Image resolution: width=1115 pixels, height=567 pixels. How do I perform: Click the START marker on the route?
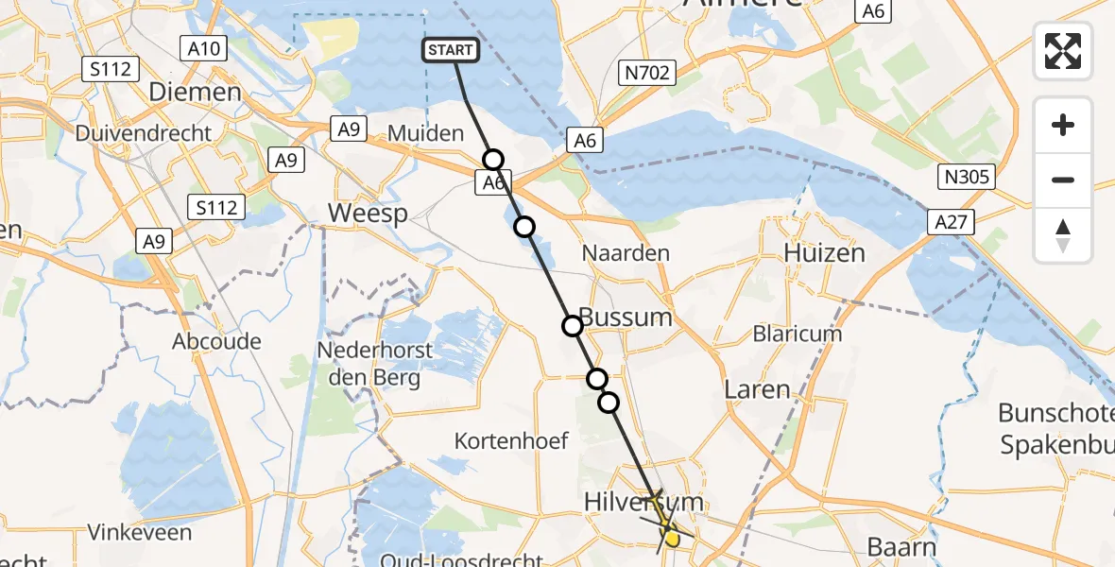coord(452,50)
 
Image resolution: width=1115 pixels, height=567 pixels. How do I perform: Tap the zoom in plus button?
coord(1063,125)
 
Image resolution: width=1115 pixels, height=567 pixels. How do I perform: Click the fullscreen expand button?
coord(1063,50)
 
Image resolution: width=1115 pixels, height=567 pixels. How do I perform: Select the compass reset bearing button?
coord(1063,235)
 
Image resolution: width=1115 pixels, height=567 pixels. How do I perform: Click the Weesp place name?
coord(368,214)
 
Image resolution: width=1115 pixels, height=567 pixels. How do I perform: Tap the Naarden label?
coord(626,252)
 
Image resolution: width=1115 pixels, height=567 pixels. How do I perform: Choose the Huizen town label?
coord(824,252)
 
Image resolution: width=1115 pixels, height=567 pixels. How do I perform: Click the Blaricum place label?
coord(797,334)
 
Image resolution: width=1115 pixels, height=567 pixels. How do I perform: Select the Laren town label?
coord(756,388)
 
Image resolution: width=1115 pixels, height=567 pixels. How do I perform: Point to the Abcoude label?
coord(216,341)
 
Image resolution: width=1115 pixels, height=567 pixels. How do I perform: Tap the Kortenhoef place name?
coord(511,440)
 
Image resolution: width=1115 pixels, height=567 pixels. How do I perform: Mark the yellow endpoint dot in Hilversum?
coord(672,539)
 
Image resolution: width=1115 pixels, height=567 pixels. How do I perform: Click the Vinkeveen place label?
coord(140,532)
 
